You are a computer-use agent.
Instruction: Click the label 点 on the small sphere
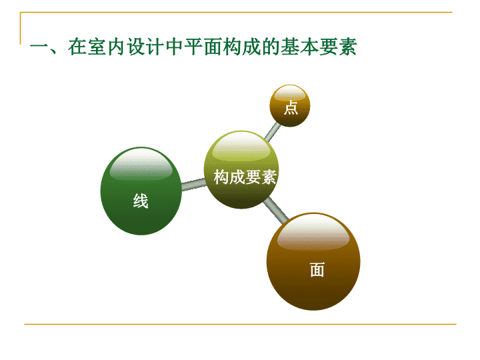(291, 108)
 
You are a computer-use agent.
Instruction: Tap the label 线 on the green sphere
(141, 201)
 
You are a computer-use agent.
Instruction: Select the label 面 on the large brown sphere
(317, 270)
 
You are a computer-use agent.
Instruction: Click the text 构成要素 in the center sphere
(245, 177)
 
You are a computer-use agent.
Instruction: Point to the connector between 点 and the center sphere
(272, 131)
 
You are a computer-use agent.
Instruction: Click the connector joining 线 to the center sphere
(193, 184)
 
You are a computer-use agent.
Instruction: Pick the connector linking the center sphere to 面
(276, 210)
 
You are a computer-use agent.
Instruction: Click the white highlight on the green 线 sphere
(141, 165)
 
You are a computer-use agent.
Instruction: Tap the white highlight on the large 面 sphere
(313, 232)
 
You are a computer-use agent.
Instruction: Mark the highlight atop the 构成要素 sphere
(241, 146)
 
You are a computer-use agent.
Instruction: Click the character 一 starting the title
(39, 47)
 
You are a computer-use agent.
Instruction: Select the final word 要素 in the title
(338, 47)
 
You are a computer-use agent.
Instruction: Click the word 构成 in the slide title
(241, 47)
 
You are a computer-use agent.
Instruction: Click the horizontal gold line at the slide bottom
(240, 324)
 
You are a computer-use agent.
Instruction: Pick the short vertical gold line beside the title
(21, 28)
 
